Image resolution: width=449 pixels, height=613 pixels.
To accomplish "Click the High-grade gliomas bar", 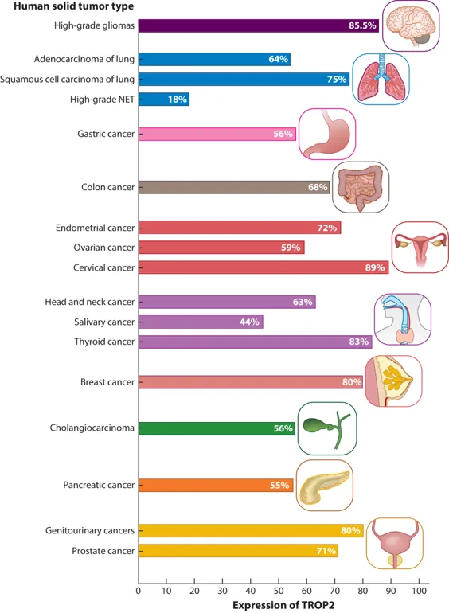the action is [x=259, y=25].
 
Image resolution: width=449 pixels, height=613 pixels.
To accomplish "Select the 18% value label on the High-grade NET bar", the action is [x=178, y=100].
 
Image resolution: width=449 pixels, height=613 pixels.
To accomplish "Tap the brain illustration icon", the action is [x=411, y=25].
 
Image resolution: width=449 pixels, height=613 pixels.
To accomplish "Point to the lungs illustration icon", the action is [x=381, y=79].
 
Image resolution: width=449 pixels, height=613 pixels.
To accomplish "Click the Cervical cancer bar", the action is [x=264, y=267].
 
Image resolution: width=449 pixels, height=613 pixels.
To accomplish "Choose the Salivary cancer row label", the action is [x=104, y=322].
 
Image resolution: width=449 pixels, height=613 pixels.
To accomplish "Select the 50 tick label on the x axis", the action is [x=279, y=591].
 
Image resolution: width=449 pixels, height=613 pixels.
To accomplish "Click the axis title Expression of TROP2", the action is [x=283, y=605].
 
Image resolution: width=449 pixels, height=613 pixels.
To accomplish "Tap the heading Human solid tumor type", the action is [x=73, y=6].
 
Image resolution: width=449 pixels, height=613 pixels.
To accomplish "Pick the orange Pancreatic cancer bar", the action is [x=216, y=485].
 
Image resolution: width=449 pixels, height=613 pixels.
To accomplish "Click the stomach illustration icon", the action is [x=327, y=134].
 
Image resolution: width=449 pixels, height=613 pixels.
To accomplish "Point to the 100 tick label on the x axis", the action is [x=420, y=591].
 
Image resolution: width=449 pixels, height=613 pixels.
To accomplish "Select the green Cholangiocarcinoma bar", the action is [x=217, y=428].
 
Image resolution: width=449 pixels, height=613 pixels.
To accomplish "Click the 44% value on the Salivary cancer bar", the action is [x=249, y=322].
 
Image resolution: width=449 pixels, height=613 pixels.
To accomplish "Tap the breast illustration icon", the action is [x=393, y=381].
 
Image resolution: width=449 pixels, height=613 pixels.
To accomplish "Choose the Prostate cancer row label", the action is [x=103, y=551].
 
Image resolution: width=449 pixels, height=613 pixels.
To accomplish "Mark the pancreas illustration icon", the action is [x=325, y=485].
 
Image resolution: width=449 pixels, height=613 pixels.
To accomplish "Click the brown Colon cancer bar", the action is [x=234, y=187].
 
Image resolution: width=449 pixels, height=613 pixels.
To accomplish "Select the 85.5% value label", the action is [x=362, y=25].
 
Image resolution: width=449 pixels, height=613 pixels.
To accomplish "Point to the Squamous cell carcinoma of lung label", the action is [x=67, y=80].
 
